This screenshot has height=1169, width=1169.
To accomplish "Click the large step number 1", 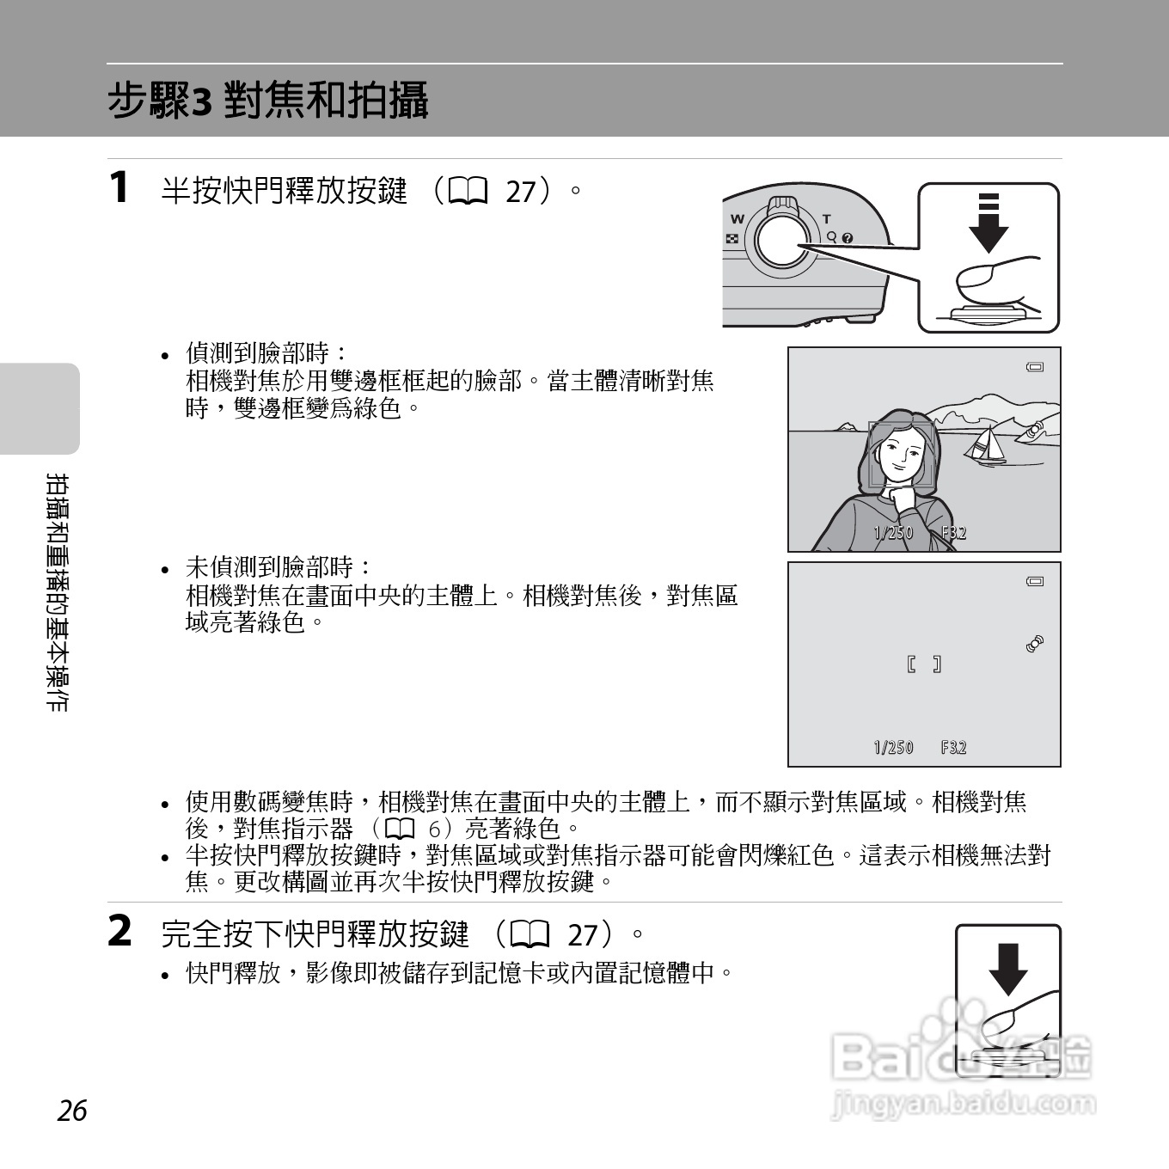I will [x=119, y=187].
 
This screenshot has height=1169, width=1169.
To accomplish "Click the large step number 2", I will [x=119, y=931].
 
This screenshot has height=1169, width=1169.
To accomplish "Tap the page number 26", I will [x=72, y=1111].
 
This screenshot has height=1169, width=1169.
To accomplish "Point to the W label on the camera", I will [x=737, y=219].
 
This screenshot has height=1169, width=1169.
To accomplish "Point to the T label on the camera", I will [x=827, y=219].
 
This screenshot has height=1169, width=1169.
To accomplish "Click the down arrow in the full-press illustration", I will [x=1007, y=969].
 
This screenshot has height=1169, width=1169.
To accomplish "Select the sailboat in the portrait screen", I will [x=986, y=445].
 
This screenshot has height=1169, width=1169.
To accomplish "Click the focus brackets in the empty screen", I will [x=924, y=664].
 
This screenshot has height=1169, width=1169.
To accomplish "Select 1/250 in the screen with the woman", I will [x=893, y=533].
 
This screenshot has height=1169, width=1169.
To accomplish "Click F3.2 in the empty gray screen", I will [x=953, y=748].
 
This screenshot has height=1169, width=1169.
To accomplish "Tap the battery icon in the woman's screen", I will [x=1035, y=367].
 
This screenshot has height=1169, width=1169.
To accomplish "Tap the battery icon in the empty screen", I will [x=1035, y=582].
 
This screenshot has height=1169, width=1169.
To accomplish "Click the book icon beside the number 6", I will [x=401, y=829].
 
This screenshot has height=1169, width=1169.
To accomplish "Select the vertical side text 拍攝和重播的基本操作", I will [x=58, y=592].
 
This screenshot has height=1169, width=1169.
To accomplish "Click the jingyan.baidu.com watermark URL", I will [x=964, y=1104].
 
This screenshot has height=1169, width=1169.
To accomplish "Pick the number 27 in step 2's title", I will [x=583, y=934].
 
